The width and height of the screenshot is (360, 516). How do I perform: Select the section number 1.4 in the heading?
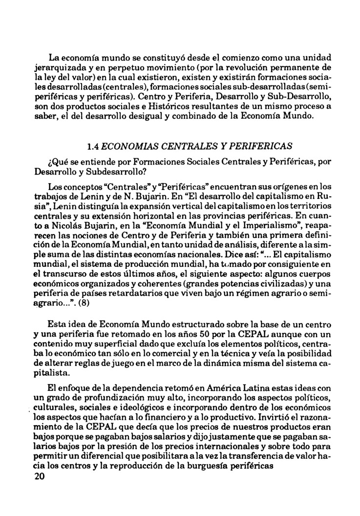[x=93, y=146]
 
